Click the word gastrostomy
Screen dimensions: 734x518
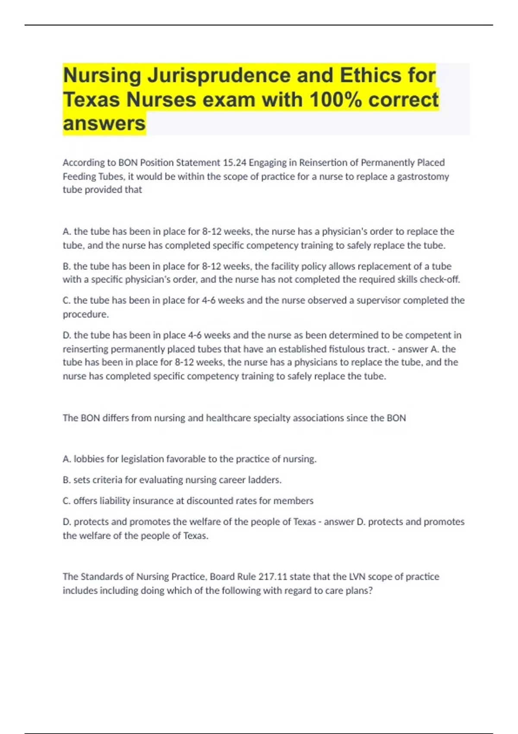(423, 177)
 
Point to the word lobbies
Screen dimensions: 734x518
(89, 459)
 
